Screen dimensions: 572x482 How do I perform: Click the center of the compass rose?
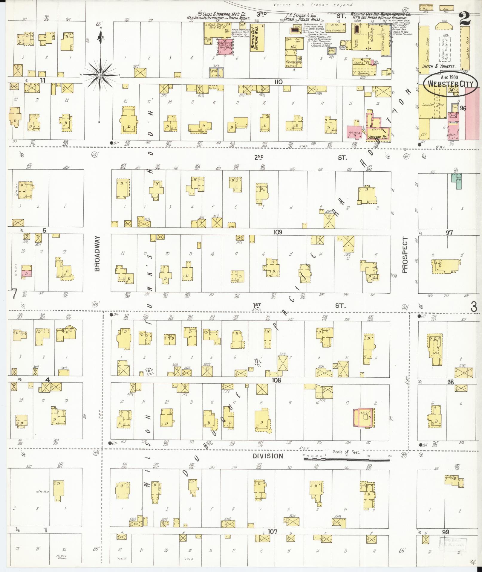[x=100, y=74]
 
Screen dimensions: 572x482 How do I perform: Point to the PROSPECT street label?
[x=405, y=255]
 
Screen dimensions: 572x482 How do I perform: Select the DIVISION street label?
[x=267, y=464]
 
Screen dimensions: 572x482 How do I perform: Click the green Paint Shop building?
[x=456, y=181]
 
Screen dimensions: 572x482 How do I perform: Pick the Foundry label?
[x=363, y=74]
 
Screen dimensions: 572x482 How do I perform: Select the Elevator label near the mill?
[x=290, y=62]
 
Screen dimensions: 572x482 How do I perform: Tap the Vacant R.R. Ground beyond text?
[x=313, y=5]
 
